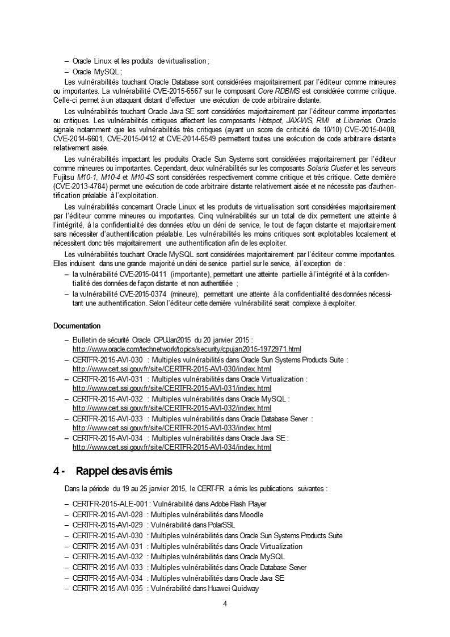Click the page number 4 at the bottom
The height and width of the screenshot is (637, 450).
pos(225,604)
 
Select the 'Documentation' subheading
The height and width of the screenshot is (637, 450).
pos(77,326)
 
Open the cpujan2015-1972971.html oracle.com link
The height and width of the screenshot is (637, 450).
pos(187,349)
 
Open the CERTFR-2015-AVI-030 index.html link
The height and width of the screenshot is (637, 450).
pos(172,368)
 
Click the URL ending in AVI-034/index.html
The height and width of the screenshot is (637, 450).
pos(172,447)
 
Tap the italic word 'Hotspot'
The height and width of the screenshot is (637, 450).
pos(271,120)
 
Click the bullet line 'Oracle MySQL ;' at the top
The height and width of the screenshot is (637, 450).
pos(97,72)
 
